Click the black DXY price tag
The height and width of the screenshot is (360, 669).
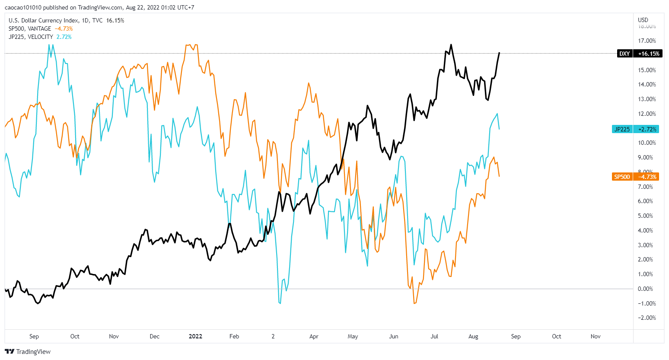click(624, 54)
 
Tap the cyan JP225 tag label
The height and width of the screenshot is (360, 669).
click(622, 129)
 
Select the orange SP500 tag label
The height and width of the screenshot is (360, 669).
click(622, 177)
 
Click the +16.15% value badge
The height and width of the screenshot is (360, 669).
click(649, 54)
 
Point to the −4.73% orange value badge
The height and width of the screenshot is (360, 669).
click(647, 177)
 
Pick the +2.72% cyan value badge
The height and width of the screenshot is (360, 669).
click(647, 129)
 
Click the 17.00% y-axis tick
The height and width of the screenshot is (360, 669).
click(647, 41)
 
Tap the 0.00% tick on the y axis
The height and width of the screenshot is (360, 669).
click(645, 289)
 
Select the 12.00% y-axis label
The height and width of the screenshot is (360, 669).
click(647, 114)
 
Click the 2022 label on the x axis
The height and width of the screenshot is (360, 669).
click(195, 336)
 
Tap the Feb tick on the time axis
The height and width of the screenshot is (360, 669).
click(234, 336)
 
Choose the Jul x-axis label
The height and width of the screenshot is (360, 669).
click(434, 336)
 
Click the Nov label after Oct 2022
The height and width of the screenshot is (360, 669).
click(596, 336)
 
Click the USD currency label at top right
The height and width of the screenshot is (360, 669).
click(643, 20)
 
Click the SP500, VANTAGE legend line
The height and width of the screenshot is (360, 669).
click(30, 29)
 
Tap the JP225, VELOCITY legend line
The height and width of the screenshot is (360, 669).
click(31, 37)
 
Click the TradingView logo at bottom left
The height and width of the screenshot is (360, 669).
click(28, 351)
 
